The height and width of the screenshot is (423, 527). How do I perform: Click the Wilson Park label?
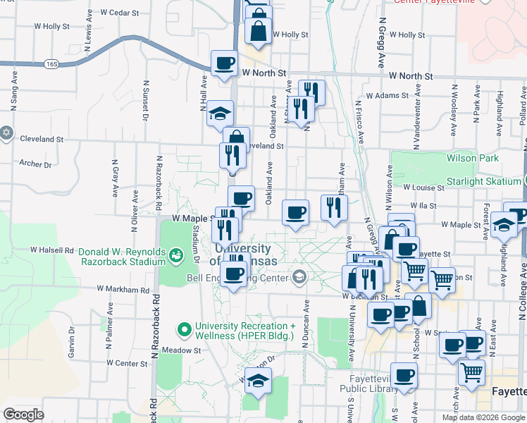point(472,159)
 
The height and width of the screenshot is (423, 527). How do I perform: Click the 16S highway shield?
point(51,63)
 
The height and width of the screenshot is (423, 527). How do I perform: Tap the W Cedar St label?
point(120,13)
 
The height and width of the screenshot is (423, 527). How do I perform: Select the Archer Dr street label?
point(35,164)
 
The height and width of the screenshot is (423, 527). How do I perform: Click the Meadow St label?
point(181,350)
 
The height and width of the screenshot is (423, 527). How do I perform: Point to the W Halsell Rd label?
point(52,250)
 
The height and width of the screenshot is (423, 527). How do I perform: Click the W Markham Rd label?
point(124,289)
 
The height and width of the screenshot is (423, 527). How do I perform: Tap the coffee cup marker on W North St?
point(224,64)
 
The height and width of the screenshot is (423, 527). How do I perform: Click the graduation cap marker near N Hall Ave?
point(220,113)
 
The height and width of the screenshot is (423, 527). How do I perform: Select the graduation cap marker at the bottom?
point(258,381)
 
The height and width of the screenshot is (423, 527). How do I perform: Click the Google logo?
point(24,414)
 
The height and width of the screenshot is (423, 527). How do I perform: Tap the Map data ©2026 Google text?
point(483,417)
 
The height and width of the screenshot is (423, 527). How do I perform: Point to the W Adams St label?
point(386,95)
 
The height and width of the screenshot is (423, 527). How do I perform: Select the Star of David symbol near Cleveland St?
point(7,133)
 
